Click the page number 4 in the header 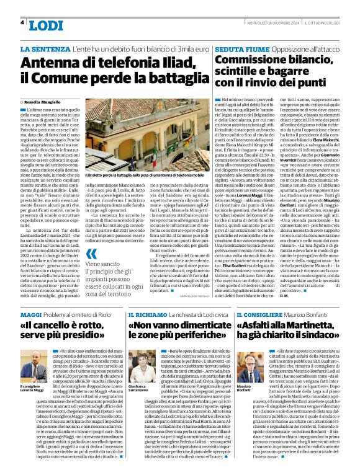pyautogui.click(x=22, y=22)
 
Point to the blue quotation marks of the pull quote pyautogui.click(x=91, y=254)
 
